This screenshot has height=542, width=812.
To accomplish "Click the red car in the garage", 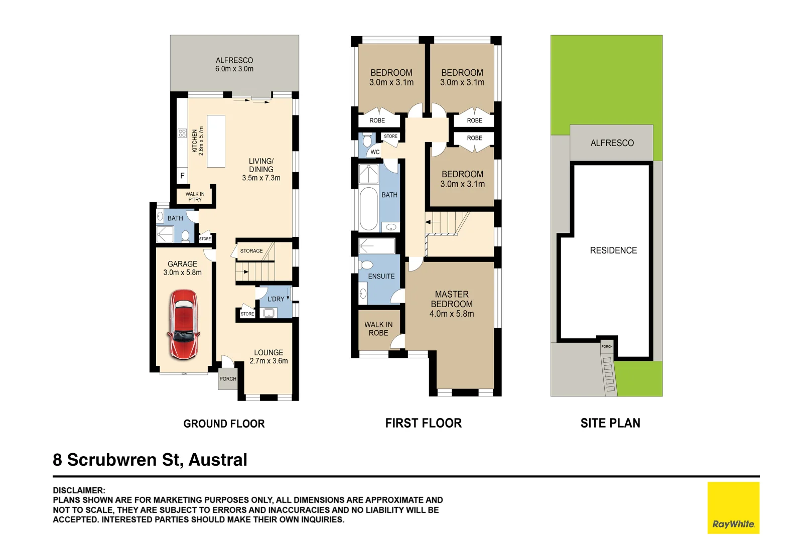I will coord(184,324).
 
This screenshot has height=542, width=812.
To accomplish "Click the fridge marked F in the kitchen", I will coord(182,176).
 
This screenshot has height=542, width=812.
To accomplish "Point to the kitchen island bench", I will coord(216,141).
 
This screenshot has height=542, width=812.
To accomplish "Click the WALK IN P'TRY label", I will coord(195,197).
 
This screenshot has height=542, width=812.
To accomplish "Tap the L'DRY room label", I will coord(276,299).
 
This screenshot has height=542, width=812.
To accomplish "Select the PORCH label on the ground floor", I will coord(227,379).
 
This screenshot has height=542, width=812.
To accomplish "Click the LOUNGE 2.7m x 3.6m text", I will coord(268,357).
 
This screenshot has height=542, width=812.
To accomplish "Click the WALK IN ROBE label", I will coord(378,329).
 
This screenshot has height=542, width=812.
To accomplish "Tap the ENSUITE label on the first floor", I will coord(381,277).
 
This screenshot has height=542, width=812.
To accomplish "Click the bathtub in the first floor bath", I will coord(368,209).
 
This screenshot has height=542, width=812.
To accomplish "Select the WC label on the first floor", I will coord(375,152).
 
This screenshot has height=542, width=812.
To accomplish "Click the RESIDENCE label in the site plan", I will coord(613,250).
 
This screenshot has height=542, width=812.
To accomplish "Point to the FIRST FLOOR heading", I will coord(423,423).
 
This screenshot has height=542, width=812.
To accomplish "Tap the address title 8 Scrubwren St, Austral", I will coord(150,460).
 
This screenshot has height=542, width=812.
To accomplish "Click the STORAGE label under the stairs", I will coord(251,251).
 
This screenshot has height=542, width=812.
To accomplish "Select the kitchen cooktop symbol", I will coord(182,133).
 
